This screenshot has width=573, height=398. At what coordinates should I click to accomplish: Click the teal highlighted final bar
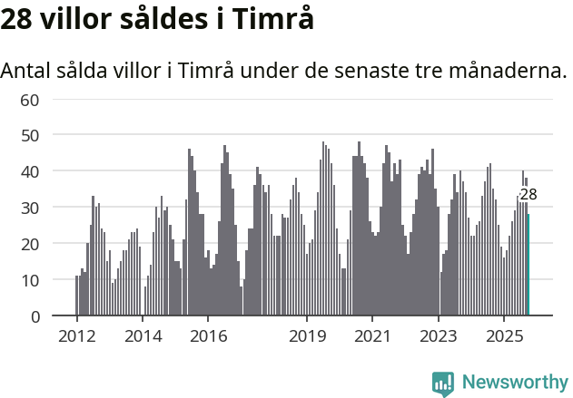coord(529,265)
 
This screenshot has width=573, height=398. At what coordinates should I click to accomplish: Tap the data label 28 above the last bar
coord(528,194)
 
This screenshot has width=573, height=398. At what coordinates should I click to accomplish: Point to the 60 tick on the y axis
coord(30,99)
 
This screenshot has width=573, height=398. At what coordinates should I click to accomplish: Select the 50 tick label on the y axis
coord(30,135)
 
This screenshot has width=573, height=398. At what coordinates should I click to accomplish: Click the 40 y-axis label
coord(30,171)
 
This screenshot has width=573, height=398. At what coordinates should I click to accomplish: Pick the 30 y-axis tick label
coord(30,208)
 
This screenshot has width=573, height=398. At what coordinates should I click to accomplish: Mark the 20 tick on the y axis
coord(30,244)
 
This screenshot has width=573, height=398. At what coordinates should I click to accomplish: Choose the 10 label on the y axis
coord(30,280)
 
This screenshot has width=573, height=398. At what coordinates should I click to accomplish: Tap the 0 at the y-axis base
coord(35,316)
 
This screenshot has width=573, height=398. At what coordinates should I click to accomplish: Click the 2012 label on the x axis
coord(76,336)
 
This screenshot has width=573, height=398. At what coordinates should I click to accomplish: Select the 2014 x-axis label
coord(142,336)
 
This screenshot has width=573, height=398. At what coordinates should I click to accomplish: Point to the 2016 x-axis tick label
coord(208,336)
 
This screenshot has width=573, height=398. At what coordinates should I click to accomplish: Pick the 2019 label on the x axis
coord(307,336)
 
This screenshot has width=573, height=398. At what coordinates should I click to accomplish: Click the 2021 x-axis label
coord(372,336)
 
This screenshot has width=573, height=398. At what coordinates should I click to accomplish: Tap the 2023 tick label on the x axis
coord(439,336)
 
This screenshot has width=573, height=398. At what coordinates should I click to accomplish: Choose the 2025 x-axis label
coord(504,336)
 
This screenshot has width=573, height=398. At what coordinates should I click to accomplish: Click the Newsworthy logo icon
coord(443,383)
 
